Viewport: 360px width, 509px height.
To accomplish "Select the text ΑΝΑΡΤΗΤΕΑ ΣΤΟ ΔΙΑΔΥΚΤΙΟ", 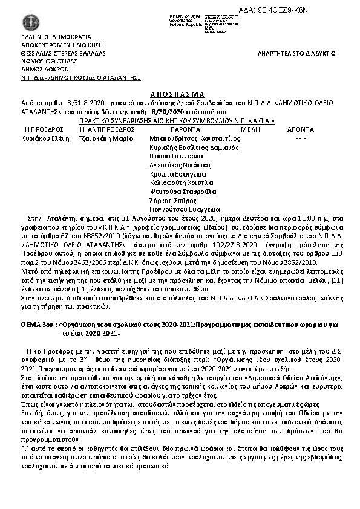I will pos(296,53).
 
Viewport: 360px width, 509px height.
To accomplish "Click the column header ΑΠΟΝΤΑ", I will pos(301,129).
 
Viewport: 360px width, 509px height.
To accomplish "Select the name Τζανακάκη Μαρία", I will pos(105,138).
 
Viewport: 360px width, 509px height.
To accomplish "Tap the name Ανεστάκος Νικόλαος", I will pos(180,165).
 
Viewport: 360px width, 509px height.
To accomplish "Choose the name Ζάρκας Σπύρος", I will pos(172,201).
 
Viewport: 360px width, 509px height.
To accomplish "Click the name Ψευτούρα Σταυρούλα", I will pos(182,192).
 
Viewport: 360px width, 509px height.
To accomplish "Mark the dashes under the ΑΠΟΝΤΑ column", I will pos(300,138).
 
